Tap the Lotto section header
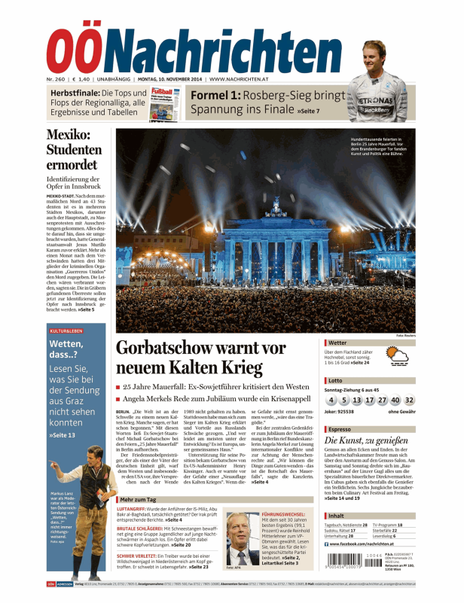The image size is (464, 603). point(335,381)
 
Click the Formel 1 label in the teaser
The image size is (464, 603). point(215,96)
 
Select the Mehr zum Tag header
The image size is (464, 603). point(142,498)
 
